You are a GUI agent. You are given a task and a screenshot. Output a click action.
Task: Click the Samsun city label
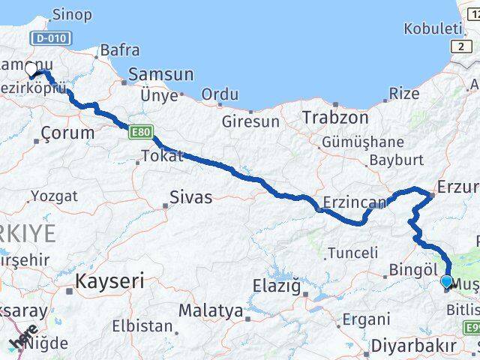[x=161, y=75]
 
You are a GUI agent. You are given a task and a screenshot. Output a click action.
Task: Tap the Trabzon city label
[x=335, y=118]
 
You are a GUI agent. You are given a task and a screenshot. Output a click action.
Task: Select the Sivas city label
[x=190, y=199]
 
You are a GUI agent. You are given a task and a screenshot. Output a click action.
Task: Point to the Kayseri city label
[x=109, y=283]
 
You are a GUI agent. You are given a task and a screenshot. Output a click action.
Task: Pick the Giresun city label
[x=250, y=121]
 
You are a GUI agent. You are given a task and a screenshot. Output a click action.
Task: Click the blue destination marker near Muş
[x=447, y=282]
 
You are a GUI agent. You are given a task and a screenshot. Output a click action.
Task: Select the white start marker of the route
[x=31, y=69]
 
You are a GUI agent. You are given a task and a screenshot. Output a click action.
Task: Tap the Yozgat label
[x=53, y=196]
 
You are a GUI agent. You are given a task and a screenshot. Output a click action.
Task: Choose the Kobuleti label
[x=432, y=28]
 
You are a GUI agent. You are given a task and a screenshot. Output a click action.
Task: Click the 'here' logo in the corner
[x=24, y=340]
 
